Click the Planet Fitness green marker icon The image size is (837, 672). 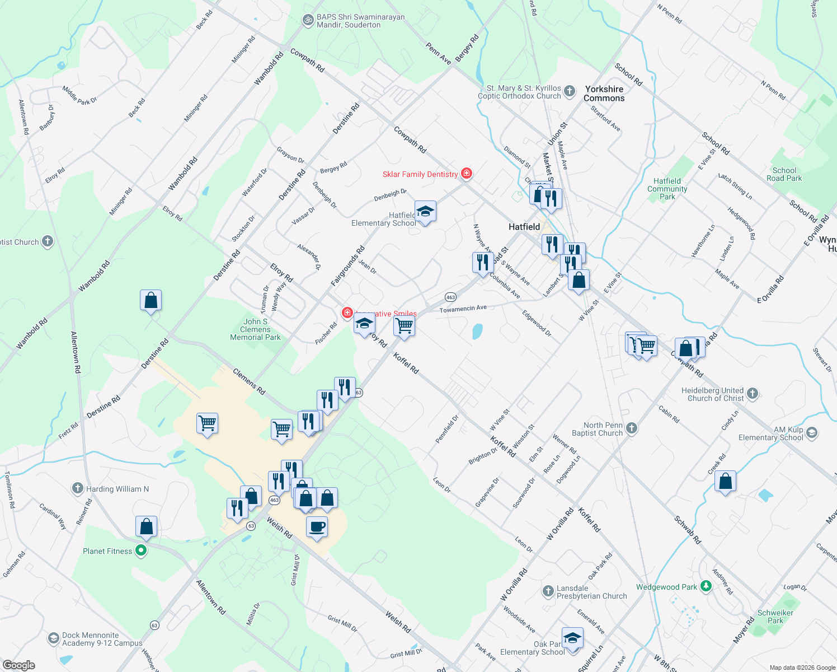pos(141,551)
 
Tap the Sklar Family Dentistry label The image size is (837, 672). pos(420,174)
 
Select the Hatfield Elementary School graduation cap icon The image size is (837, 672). pos(425,212)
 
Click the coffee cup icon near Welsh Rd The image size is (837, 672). pos(317,527)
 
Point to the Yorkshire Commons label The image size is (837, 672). pos(604,94)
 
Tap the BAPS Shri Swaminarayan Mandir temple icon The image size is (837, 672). pos(308,20)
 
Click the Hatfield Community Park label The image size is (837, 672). pos(667,189)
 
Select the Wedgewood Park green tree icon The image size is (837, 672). pos(706,586)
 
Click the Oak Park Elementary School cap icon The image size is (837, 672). pos(572,638)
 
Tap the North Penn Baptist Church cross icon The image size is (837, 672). pos(632,429)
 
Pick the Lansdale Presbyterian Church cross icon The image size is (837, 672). pos(548,591)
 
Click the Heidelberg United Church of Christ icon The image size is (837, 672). pos(753,394)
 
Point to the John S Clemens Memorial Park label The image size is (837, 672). pos(255,329)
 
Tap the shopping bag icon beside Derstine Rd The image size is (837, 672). pos(151,301)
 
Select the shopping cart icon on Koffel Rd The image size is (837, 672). pos(404,325)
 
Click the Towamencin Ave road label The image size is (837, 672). pos(463,309)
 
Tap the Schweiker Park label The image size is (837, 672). pos(775,617)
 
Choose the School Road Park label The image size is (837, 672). pos(784,174)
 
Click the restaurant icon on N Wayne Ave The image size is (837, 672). pos(482,262)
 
